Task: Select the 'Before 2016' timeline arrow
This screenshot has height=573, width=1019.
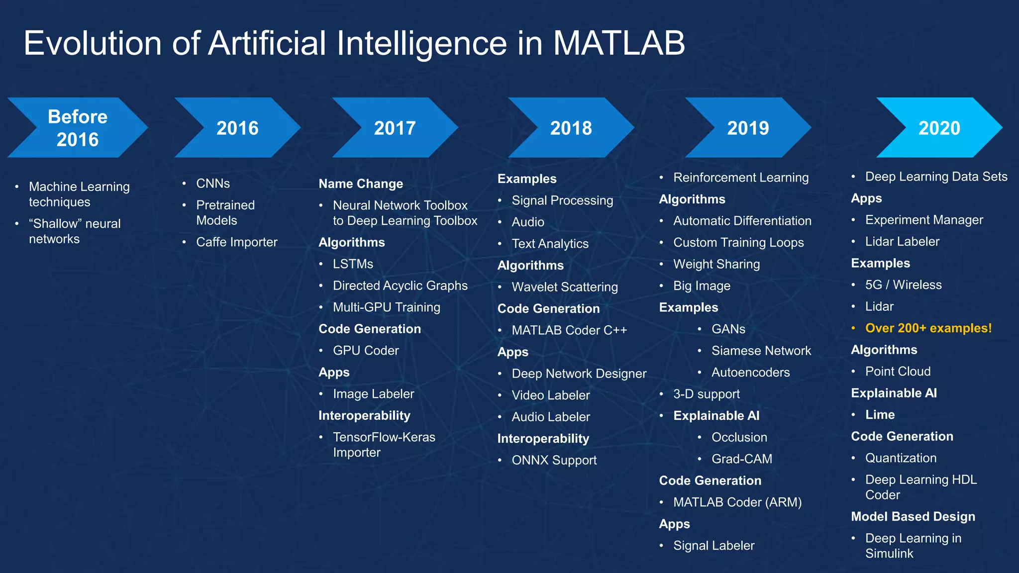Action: coord(78,128)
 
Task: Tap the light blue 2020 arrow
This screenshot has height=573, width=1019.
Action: coord(939,128)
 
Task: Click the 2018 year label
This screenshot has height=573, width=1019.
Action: coord(571,128)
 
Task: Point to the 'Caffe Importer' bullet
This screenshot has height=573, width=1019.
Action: coord(236,242)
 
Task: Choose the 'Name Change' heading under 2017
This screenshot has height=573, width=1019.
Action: coord(361,184)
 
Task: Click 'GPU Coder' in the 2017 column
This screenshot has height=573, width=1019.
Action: coord(366,351)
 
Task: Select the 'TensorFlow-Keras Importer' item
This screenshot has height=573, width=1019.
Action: coord(384,445)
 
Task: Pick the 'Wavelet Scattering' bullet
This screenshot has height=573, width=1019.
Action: coord(565,287)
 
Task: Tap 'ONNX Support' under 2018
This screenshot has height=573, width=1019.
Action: coord(554,460)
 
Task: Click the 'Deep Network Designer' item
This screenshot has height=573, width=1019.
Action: coord(579,374)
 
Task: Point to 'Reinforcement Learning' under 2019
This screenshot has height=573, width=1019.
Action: coord(740,178)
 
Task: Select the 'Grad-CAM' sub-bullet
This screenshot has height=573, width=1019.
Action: coord(741,459)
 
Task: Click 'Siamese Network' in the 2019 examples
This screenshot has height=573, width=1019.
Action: coord(761,351)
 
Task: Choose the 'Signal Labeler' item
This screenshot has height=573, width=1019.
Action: coord(713,546)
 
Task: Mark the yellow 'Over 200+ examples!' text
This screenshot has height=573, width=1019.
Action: coord(928,328)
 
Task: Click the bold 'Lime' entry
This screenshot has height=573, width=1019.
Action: coord(880,415)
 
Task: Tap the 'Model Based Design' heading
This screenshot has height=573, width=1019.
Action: coord(913,517)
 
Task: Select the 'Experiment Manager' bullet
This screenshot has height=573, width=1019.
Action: coord(924,220)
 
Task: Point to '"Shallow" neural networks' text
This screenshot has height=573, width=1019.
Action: coord(75,231)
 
